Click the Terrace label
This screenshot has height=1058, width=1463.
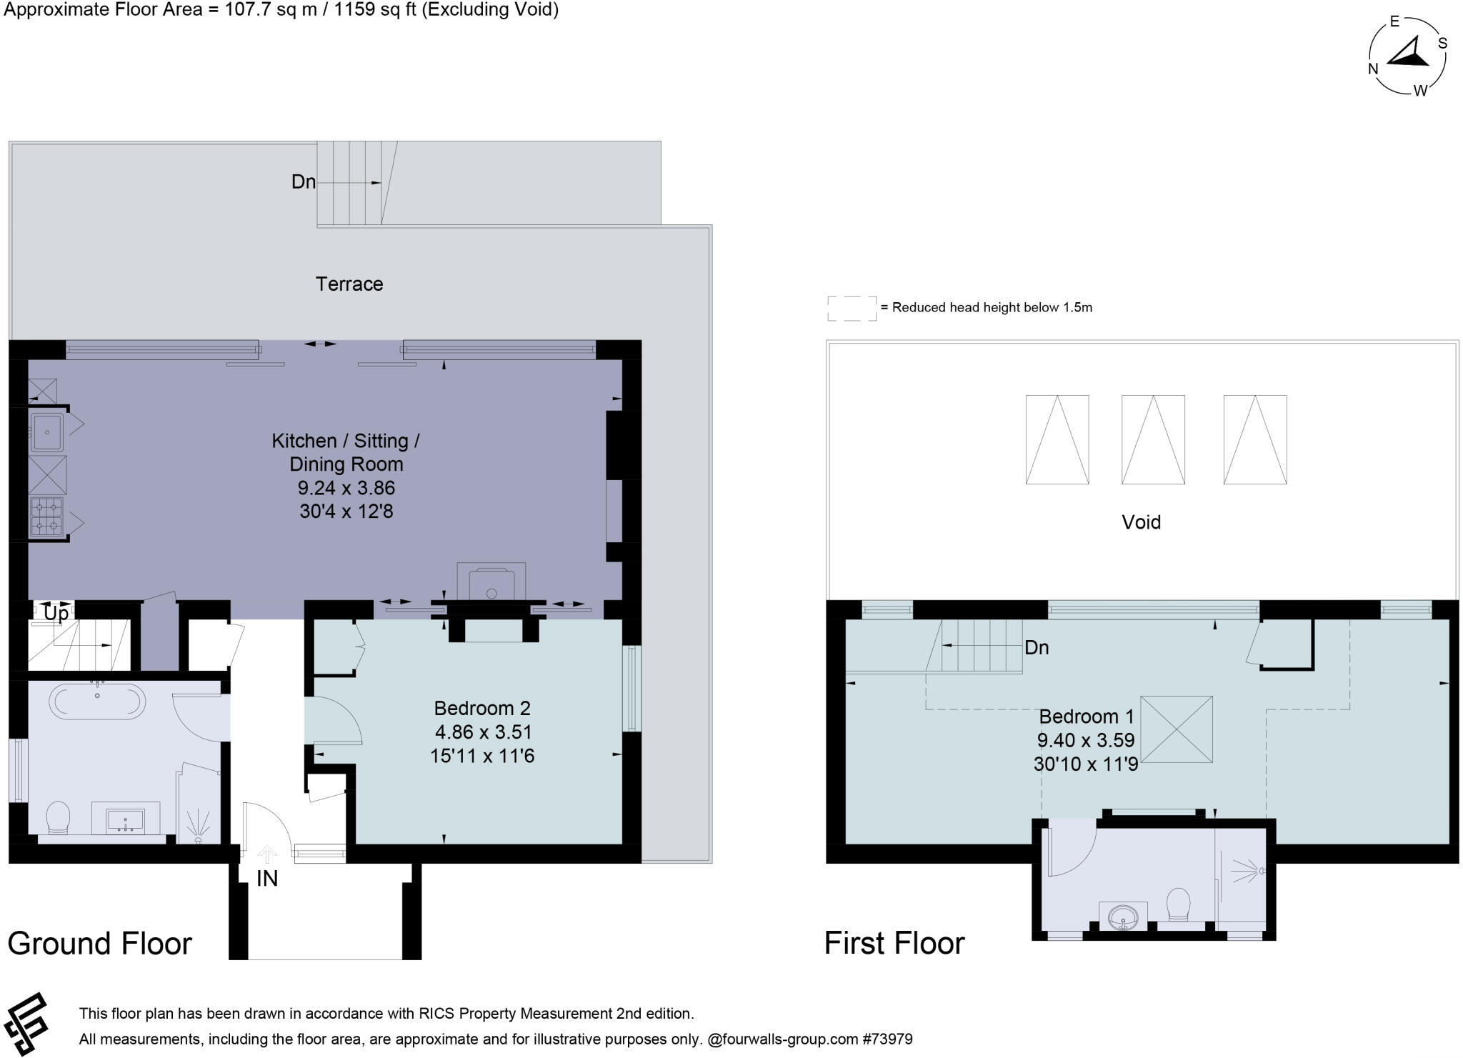point(349,284)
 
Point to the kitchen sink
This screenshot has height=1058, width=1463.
point(47,432)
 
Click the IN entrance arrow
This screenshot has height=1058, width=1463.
point(267,854)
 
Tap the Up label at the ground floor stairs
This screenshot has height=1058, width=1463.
point(56,613)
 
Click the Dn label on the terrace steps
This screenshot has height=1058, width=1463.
point(303,181)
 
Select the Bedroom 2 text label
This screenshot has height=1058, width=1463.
point(482,708)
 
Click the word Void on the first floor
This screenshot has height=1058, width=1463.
point(1141,522)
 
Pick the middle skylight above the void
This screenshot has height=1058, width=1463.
point(1153,439)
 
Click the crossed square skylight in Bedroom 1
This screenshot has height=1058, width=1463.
point(1176,729)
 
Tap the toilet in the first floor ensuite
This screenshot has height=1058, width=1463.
point(1178,904)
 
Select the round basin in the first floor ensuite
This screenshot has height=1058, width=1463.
point(1124,917)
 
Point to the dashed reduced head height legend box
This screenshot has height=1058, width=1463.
point(852,308)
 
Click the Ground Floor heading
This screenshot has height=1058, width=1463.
point(99,944)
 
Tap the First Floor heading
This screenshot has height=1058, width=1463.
point(894,943)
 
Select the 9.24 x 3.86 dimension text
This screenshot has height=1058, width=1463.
point(346,488)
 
